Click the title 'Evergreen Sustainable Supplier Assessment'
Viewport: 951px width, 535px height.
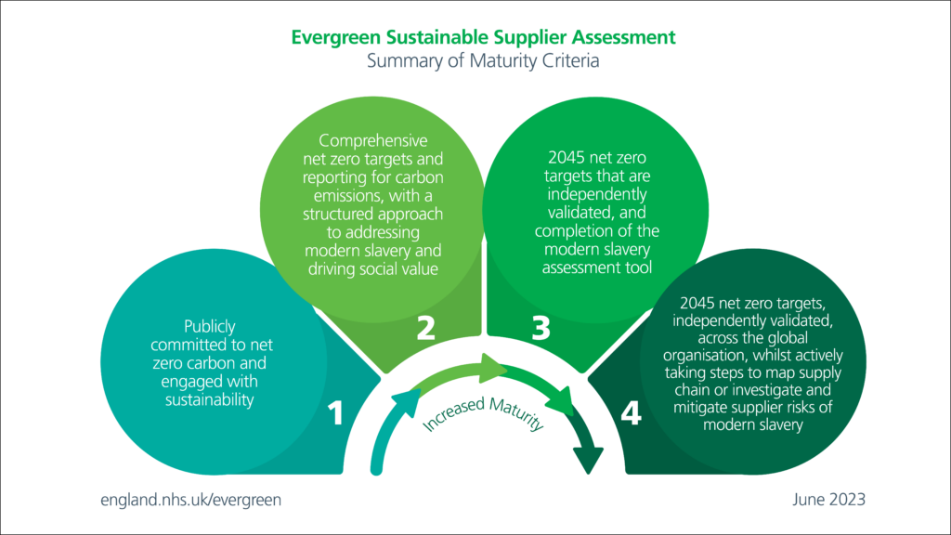coord(483,38)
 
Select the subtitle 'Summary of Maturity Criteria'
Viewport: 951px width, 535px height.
coord(483,62)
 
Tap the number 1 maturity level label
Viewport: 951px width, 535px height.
coord(335,413)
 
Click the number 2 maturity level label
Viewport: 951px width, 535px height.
coord(425,328)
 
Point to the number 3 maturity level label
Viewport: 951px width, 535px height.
coord(542,328)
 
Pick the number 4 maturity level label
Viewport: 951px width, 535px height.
coord(631,413)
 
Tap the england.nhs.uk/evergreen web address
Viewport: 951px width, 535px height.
coord(190,499)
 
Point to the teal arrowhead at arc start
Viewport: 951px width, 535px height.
coord(405,399)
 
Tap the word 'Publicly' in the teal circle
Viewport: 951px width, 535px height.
coord(210,326)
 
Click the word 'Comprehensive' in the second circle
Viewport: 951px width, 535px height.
coord(373,141)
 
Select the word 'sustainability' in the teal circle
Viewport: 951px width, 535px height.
coord(210,399)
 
